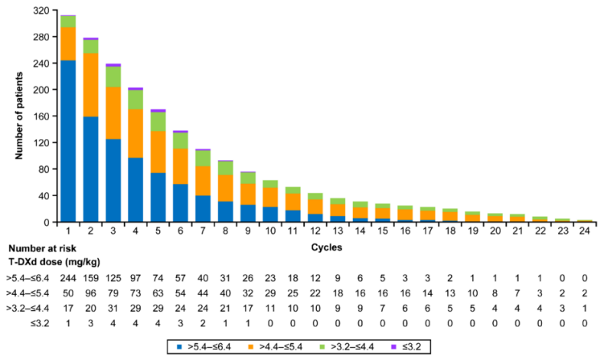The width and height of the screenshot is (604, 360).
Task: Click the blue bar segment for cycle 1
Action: (68, 141)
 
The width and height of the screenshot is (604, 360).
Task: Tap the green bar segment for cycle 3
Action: (113, 77)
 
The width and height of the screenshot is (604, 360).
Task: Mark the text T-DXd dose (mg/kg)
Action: (45, 261)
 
